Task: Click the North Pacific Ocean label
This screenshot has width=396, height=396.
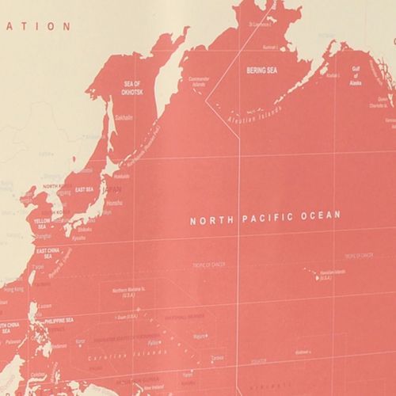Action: point(265,215)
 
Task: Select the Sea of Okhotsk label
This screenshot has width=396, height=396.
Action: point(131,87)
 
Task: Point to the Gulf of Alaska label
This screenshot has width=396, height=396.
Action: point(356,74)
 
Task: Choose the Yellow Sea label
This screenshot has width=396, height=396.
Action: point(42,223)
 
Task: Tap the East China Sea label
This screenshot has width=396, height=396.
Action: point(50,254)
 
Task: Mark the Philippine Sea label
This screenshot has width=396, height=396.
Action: point(59,320)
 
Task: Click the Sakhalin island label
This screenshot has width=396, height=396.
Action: point(124,117)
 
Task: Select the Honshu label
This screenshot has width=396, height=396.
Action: point(113,203)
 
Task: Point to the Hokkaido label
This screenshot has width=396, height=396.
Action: point(122,176)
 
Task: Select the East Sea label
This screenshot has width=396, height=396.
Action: point(84,189)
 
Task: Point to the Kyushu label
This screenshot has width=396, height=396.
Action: point(78,237)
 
